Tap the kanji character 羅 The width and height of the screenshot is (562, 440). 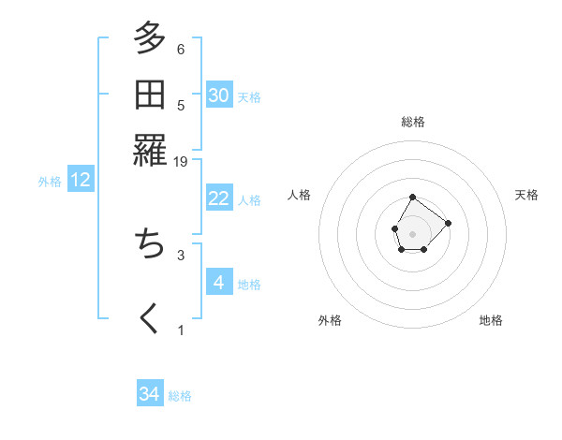[x=150, y=150]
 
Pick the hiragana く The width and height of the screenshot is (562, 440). [x=150, y=318]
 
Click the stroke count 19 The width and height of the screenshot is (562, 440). [x=181, y=162]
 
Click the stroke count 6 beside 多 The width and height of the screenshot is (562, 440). [x=181, y=50]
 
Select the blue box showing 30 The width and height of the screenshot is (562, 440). [x=219, y=95]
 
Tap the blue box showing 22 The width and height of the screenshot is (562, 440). [x=219, y=198]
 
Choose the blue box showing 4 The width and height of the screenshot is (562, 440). [x=219, y=283]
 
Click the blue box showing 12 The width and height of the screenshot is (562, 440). [x=81, y=181]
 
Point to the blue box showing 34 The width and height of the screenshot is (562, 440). [x=150, y=395]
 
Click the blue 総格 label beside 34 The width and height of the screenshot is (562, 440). [x=180, y=396]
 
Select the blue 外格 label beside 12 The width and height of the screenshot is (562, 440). [x=50, y=182]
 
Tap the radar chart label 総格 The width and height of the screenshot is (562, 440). [x=413, y=122]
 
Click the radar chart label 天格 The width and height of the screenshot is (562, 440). [x=527, y=195]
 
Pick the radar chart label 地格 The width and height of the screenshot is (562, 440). [x=491, y=320]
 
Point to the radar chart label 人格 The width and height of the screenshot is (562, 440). [x=300, y=195]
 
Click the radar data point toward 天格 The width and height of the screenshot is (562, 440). [x=448, y=223]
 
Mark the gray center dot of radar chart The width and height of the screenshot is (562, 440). [x=412, y=232]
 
